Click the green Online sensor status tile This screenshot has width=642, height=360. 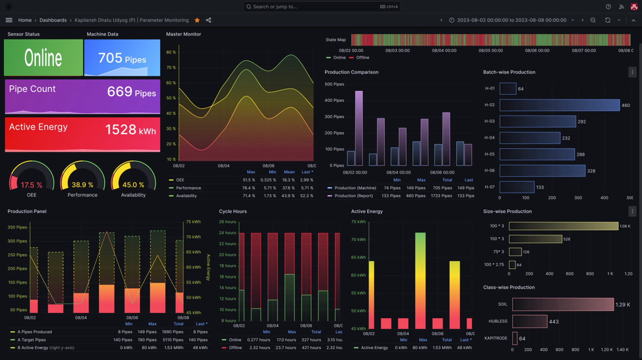point(43,58)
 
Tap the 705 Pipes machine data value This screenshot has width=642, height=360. point(122,58)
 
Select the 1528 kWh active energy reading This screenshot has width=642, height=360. point(130,130)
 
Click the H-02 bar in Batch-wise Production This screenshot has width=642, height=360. point(559,105)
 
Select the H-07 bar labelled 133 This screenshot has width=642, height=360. point(517,187)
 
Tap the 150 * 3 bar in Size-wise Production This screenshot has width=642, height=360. point(535,239)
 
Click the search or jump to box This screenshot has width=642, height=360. point(322,7)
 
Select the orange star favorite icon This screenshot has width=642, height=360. point(197,20)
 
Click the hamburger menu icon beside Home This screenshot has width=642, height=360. point(9,20)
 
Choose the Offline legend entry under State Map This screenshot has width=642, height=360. point(362,58)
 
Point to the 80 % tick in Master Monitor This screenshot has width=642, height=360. point(171,52)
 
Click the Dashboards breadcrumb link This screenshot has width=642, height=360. point(53,20)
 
